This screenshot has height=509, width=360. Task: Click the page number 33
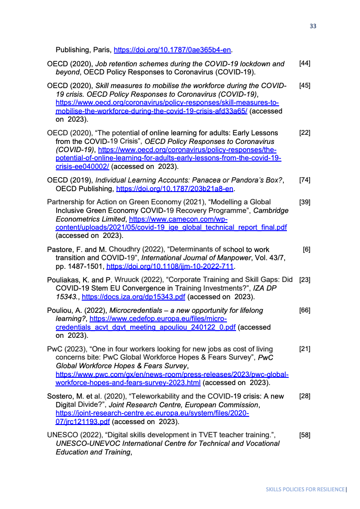click(313, 26)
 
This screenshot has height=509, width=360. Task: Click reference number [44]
click(305, 64)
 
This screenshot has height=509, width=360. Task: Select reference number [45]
click(305, 85)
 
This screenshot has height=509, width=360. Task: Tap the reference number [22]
click(305, 133)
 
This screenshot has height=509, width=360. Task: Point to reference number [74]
click(305, 180)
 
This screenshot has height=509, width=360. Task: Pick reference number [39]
click(305, 202)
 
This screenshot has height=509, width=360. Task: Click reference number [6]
click(306, 249)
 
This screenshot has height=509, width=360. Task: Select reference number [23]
click(305, 280)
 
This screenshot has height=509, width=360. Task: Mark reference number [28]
click(305, 396)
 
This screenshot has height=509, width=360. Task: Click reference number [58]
click(305, 435)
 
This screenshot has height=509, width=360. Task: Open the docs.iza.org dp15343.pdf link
click(133, 297)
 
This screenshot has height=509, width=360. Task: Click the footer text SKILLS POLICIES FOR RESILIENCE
click(305, 489)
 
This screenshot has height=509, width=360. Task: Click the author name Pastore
click(59, 249)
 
